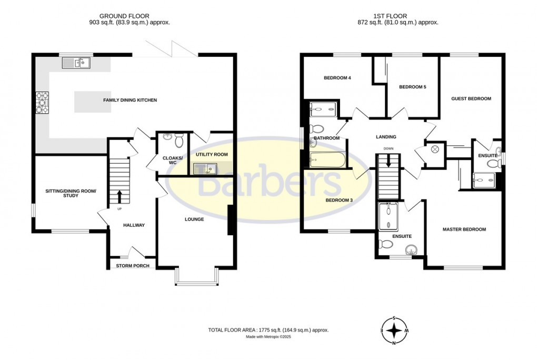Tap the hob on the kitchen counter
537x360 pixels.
point(41,103)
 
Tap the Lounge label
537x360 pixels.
point(194,219)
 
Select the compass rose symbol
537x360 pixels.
point(394,331)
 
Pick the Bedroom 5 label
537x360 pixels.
point(412,87)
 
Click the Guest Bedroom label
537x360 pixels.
point(471,98)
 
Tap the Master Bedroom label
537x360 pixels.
point(464,229)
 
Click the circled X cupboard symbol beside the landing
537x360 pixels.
point(435,149)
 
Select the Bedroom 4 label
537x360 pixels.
point(337,78)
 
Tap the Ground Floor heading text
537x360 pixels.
point(131,16)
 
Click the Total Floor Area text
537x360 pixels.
point(268,330)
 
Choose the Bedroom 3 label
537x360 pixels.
point(339,201)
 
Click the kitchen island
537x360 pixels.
point(93,102)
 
